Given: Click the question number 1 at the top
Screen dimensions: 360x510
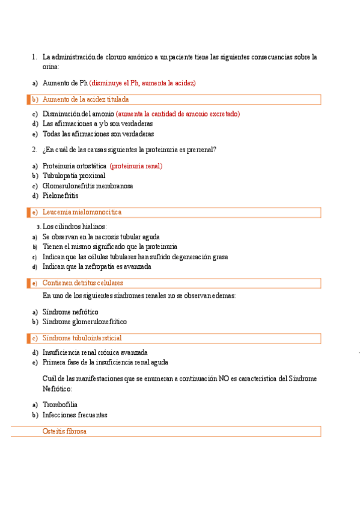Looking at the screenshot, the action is coord(34,57).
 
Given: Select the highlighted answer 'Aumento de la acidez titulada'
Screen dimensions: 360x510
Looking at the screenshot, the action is coord(85,99).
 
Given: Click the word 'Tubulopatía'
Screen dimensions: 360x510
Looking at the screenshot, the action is coord(59,176).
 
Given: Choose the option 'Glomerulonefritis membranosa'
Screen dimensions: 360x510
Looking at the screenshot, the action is coord(88,186).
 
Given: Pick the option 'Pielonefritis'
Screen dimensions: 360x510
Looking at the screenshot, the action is coord(60,195).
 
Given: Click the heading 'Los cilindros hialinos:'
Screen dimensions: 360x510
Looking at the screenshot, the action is coord(75,227).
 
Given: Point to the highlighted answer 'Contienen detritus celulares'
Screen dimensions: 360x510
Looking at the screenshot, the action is coord(83,283).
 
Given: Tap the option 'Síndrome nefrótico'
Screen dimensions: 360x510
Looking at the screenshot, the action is coord(70,312).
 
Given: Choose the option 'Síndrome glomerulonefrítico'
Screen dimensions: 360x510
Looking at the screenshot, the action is coord(85,322).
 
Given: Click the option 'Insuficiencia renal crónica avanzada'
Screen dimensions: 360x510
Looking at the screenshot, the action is coord(95,352).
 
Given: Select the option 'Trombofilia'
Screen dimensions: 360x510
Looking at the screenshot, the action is coord(60,405).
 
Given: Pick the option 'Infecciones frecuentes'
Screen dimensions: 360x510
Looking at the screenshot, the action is coord(75,415).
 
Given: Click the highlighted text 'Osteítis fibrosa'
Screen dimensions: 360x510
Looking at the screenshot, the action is coord(64,431).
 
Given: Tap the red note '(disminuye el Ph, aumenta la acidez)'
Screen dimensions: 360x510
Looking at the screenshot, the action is coord(142,83).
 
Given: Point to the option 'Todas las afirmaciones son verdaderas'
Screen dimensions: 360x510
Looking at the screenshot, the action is coord(98,134).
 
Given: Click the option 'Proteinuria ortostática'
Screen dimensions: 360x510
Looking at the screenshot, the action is coord(75,165).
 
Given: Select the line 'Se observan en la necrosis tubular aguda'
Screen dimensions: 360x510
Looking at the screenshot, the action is coord(101,237).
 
